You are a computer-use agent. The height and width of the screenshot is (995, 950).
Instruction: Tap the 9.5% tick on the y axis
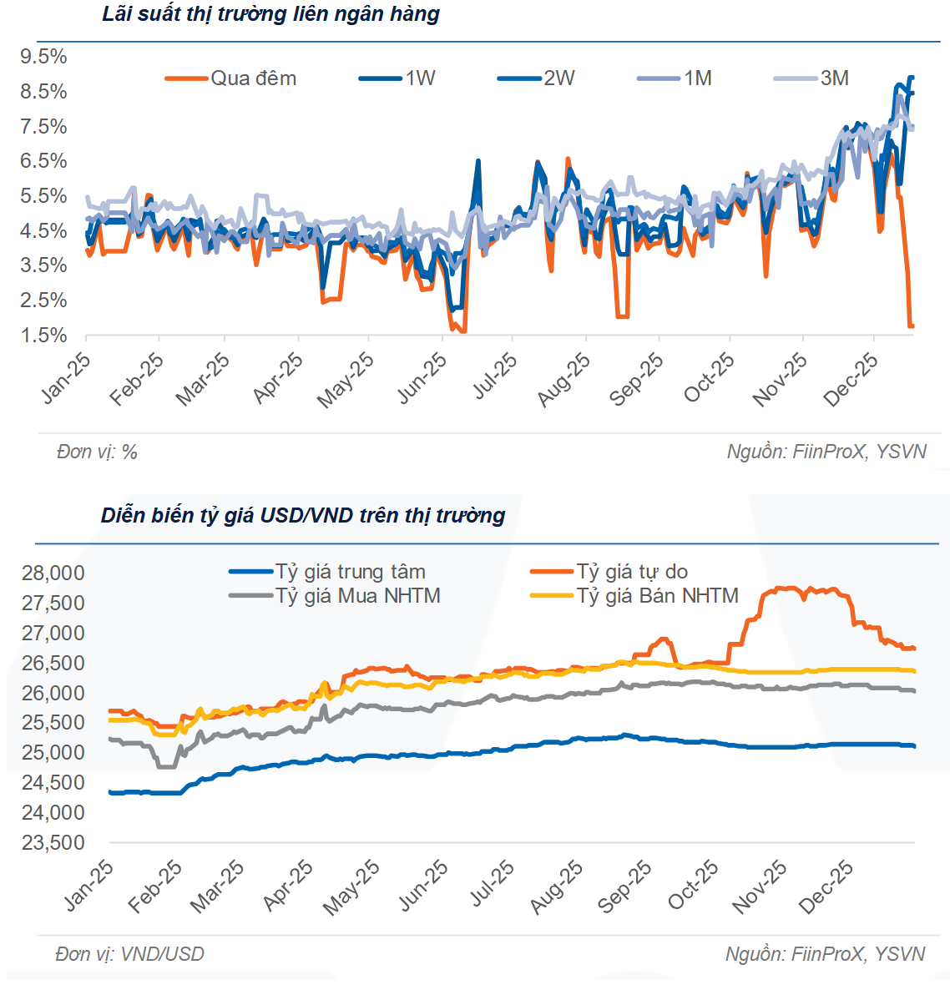pos(43,57)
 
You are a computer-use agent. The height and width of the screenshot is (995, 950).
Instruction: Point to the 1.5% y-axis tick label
pos(43,335)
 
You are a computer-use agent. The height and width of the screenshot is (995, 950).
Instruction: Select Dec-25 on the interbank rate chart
pos(851,377)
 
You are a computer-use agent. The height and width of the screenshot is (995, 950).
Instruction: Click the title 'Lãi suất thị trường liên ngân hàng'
pos(270,14)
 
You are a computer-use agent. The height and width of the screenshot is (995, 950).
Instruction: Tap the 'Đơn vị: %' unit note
pos(97,452)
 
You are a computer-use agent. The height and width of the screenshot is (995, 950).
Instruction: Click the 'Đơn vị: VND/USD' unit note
pos(129,953)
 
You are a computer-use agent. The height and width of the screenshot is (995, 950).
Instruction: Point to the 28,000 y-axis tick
pos(53,573)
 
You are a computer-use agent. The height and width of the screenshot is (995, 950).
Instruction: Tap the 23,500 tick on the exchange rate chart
pos(53,842)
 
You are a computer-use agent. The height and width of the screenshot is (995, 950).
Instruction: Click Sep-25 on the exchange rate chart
pos(625,886)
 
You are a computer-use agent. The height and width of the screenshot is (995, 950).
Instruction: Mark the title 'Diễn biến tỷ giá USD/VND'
pos(303,515)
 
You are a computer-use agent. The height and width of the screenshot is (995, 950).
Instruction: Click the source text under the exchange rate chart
pos(825,953)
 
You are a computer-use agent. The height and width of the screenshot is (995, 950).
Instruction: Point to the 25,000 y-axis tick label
pos(53,753)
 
